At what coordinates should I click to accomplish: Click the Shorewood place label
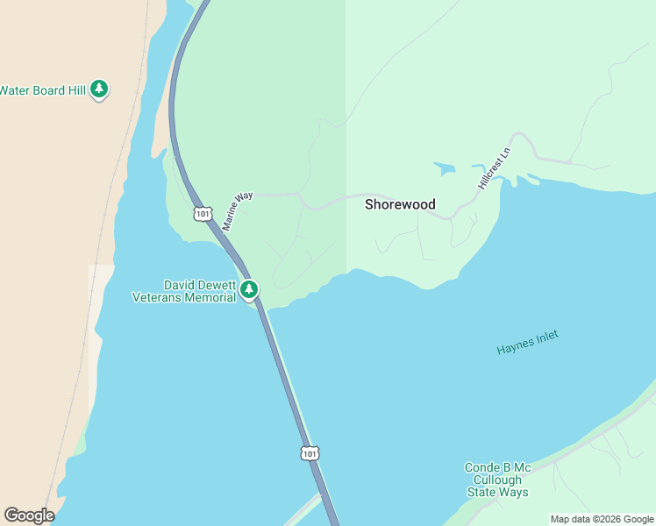coord(400,204)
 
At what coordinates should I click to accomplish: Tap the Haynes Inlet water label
coord(527,342)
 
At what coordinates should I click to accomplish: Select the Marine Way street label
coord(237,211)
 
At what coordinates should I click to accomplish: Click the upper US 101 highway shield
coord(203,213)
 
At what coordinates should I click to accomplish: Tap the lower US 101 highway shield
coord(309,452)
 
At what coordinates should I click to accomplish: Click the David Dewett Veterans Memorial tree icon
coord(249,289)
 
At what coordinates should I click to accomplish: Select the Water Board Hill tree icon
coord(100,89)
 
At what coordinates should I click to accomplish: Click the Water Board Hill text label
coord(42,89)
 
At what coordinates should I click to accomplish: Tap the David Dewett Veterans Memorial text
coord(184,291)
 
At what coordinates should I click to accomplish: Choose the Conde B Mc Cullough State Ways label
coord(497,480)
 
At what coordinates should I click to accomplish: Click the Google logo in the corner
coord(29,515)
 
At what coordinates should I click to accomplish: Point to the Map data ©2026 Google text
coord(602,519)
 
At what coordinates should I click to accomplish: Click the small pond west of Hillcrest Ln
coord(445,167)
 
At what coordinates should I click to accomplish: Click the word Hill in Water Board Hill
coord(76,89)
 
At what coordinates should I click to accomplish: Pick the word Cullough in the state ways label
coord(497,480)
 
